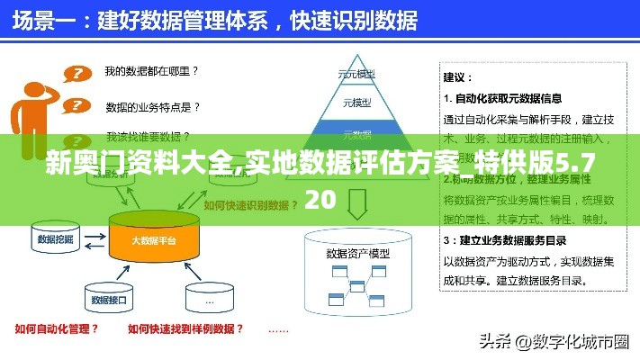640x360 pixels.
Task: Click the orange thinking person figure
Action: pos(36,108)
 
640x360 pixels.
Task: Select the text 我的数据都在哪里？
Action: pos(151,70)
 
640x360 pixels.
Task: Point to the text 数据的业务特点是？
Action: pos(154,107)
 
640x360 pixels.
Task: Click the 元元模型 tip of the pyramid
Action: pos(356,74)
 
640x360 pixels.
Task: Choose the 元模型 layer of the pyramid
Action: pos(356,103)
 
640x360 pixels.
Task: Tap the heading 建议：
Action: pos(460,78)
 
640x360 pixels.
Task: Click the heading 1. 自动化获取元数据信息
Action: pos(504,98)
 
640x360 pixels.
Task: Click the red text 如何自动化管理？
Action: pos(57,328)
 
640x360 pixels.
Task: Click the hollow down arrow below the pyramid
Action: pos(356,203)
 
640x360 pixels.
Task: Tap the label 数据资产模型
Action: pos(357,253)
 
